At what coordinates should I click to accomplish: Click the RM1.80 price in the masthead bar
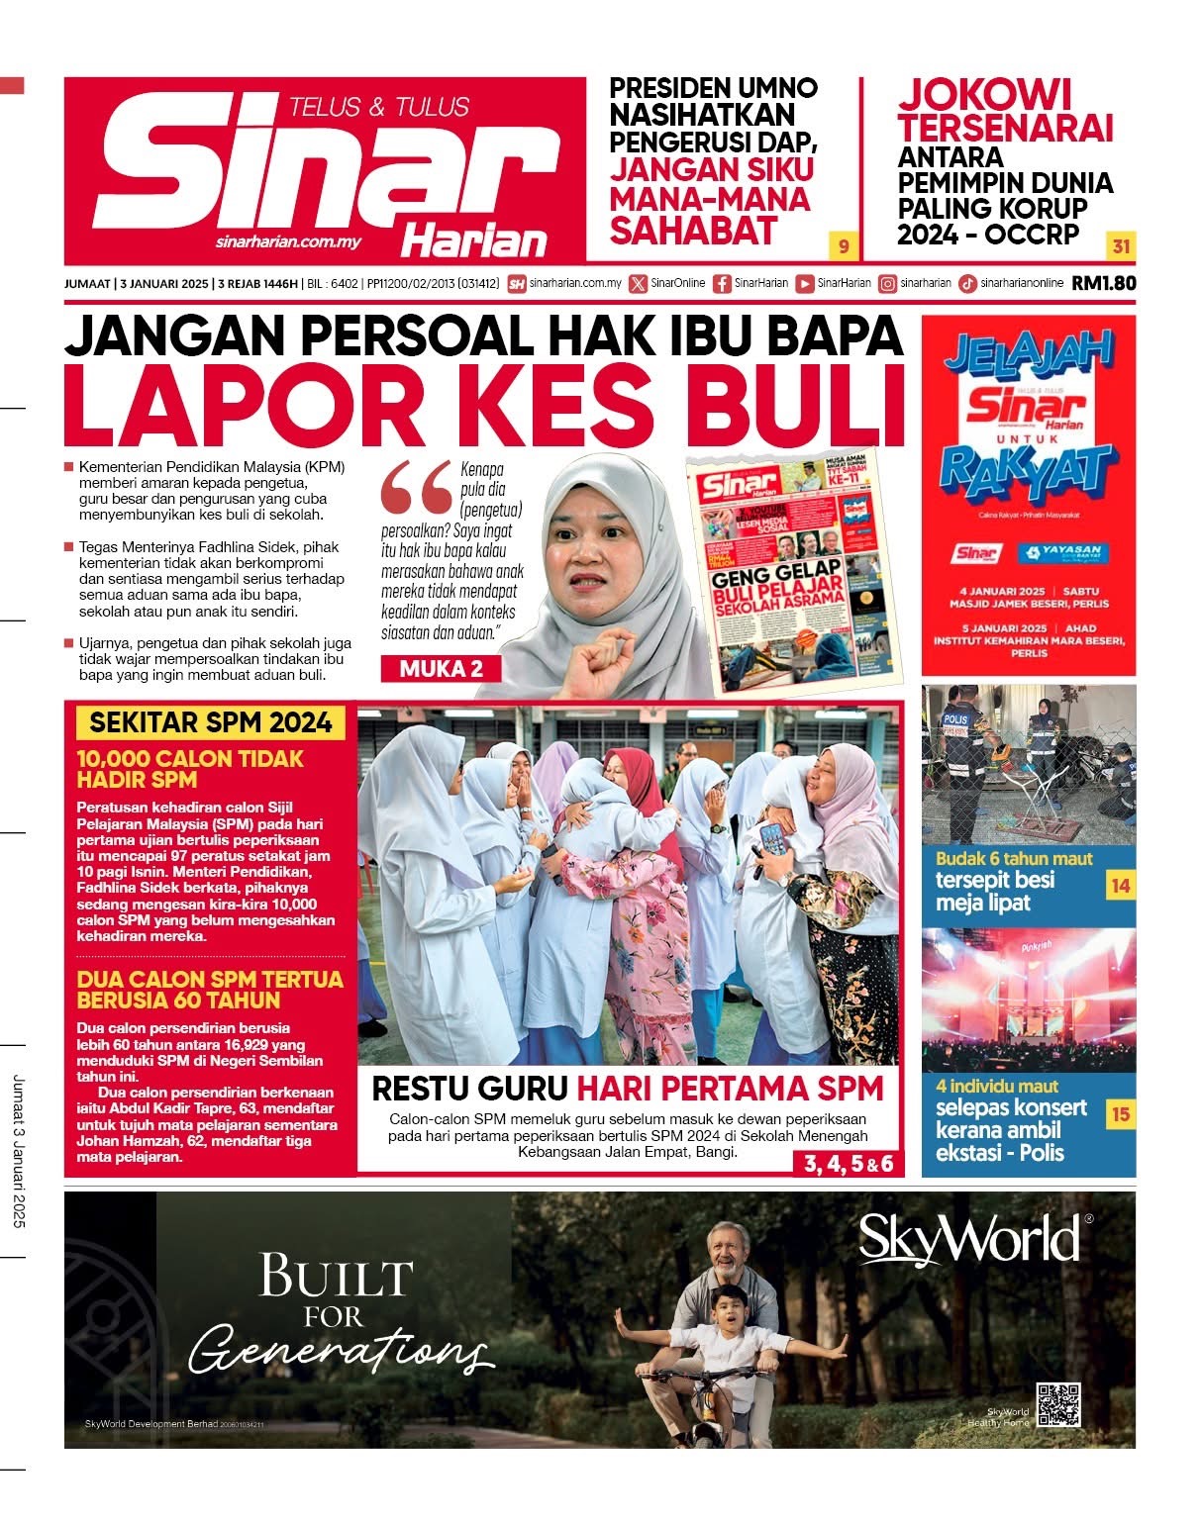tap(1103, 283)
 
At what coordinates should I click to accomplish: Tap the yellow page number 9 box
tap(844, 245)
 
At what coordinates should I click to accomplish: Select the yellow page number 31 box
tap(1121, 245)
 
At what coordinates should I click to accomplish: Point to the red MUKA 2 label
tap(441, 669)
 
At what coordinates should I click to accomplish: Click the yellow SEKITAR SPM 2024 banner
tap(210, 722)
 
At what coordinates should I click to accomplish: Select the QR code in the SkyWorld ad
tap(1057, 1403)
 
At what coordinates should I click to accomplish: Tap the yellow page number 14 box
tap(1120, 886)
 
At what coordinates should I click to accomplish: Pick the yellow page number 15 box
tap(1120, 1114)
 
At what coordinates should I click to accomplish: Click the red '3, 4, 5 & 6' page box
tap(848, 1164)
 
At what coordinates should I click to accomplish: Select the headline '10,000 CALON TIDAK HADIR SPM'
tap(190, 769)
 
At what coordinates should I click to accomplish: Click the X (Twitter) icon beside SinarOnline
tap(638, 284)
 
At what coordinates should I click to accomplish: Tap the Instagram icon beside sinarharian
tap(888, 284)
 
